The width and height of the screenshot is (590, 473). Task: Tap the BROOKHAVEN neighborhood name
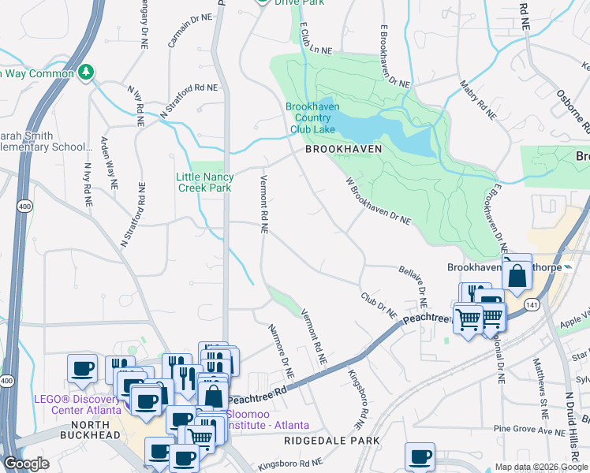tap(344, 148)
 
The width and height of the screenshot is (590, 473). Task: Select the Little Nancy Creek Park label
tap(204, 183)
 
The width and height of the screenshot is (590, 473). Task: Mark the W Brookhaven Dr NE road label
tap(379, 201)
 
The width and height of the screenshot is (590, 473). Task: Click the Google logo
tap(26, 464)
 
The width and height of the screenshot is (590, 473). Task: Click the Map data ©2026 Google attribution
tap(541, 467)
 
